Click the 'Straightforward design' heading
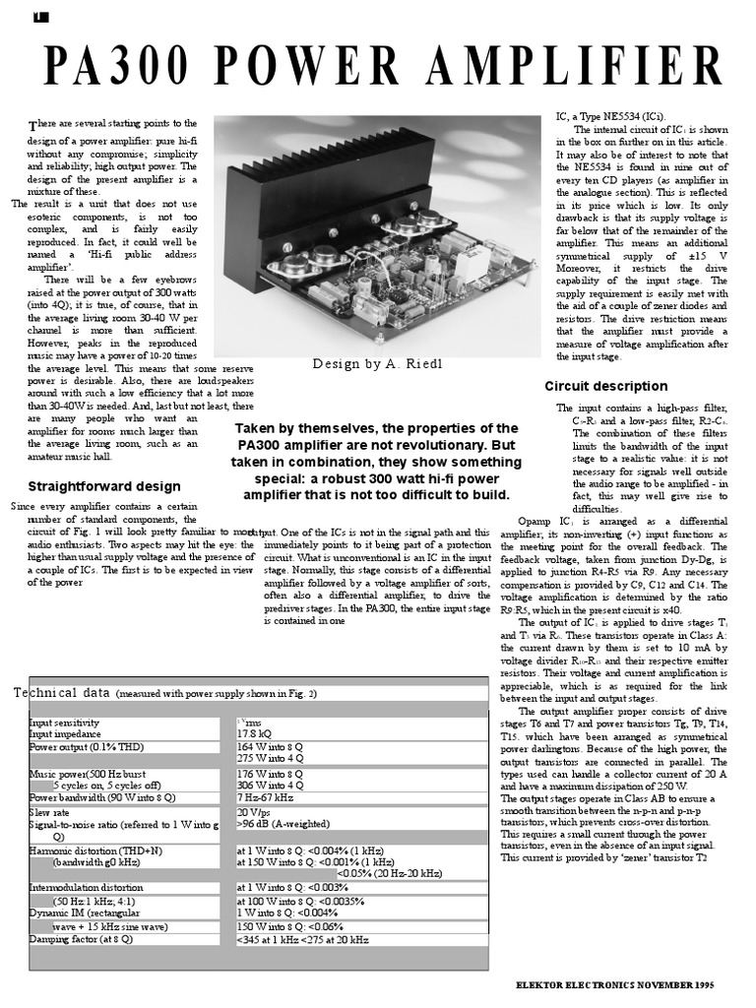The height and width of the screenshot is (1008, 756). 104,485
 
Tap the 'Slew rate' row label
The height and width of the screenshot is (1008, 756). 49,812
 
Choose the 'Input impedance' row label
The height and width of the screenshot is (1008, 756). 65,733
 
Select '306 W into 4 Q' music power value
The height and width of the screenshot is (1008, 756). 271,785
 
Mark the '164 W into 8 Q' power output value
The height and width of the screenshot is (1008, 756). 271,746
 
